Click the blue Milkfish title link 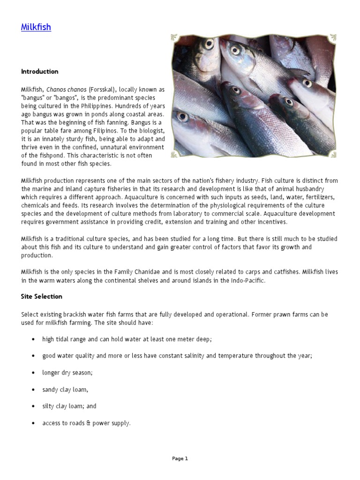coord(36,27)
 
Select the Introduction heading coord(39,72)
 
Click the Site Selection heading coord(41,297)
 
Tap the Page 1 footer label coord(180,459)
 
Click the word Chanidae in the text coord(123,272)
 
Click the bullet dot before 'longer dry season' coord(33,373)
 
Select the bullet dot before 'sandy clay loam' coord(33,390)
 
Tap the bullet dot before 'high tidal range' coord(33,339)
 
